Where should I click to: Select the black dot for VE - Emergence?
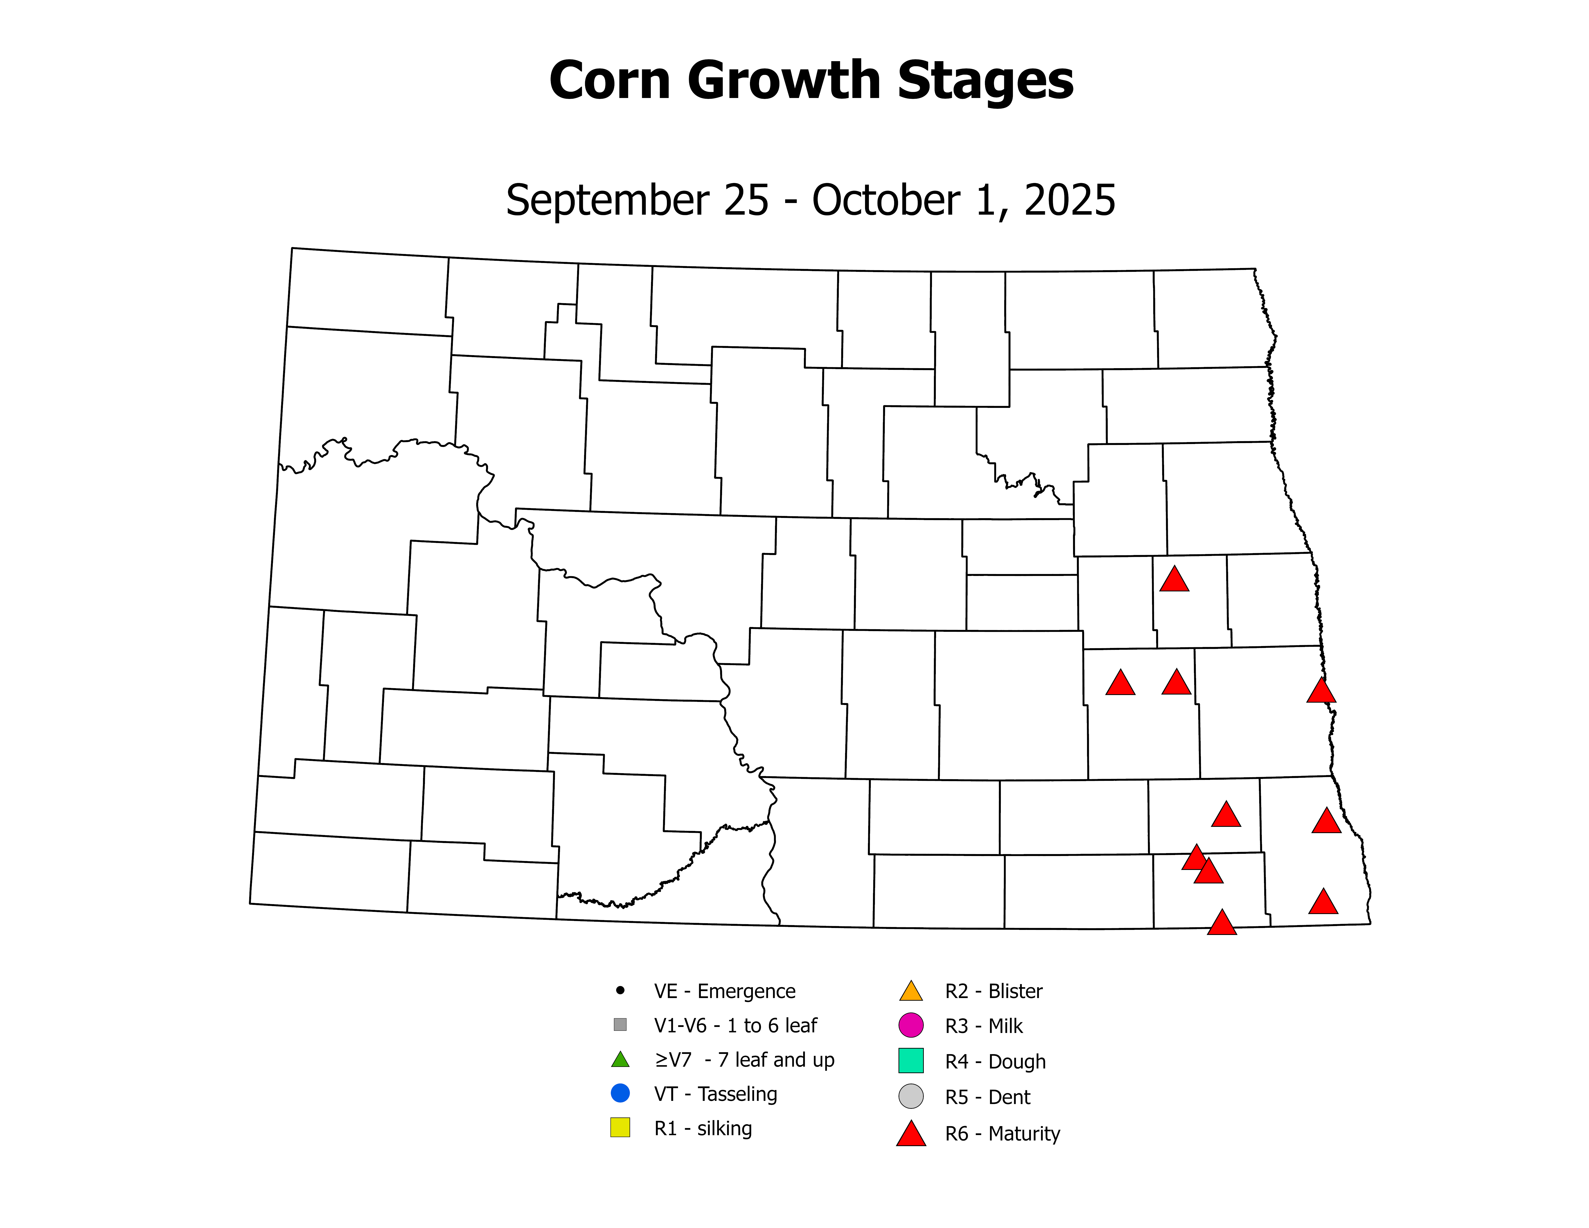[x=620, y=990]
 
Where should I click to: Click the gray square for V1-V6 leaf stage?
[x=620, y=1024]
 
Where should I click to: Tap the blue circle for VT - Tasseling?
[x=620, y=1093]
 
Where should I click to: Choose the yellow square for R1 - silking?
[x=620, y=1128]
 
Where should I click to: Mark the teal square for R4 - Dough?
[x=911, y=1061]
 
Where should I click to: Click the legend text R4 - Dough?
[x=995, y=1062]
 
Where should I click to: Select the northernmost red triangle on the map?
[x=1173, y=580]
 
